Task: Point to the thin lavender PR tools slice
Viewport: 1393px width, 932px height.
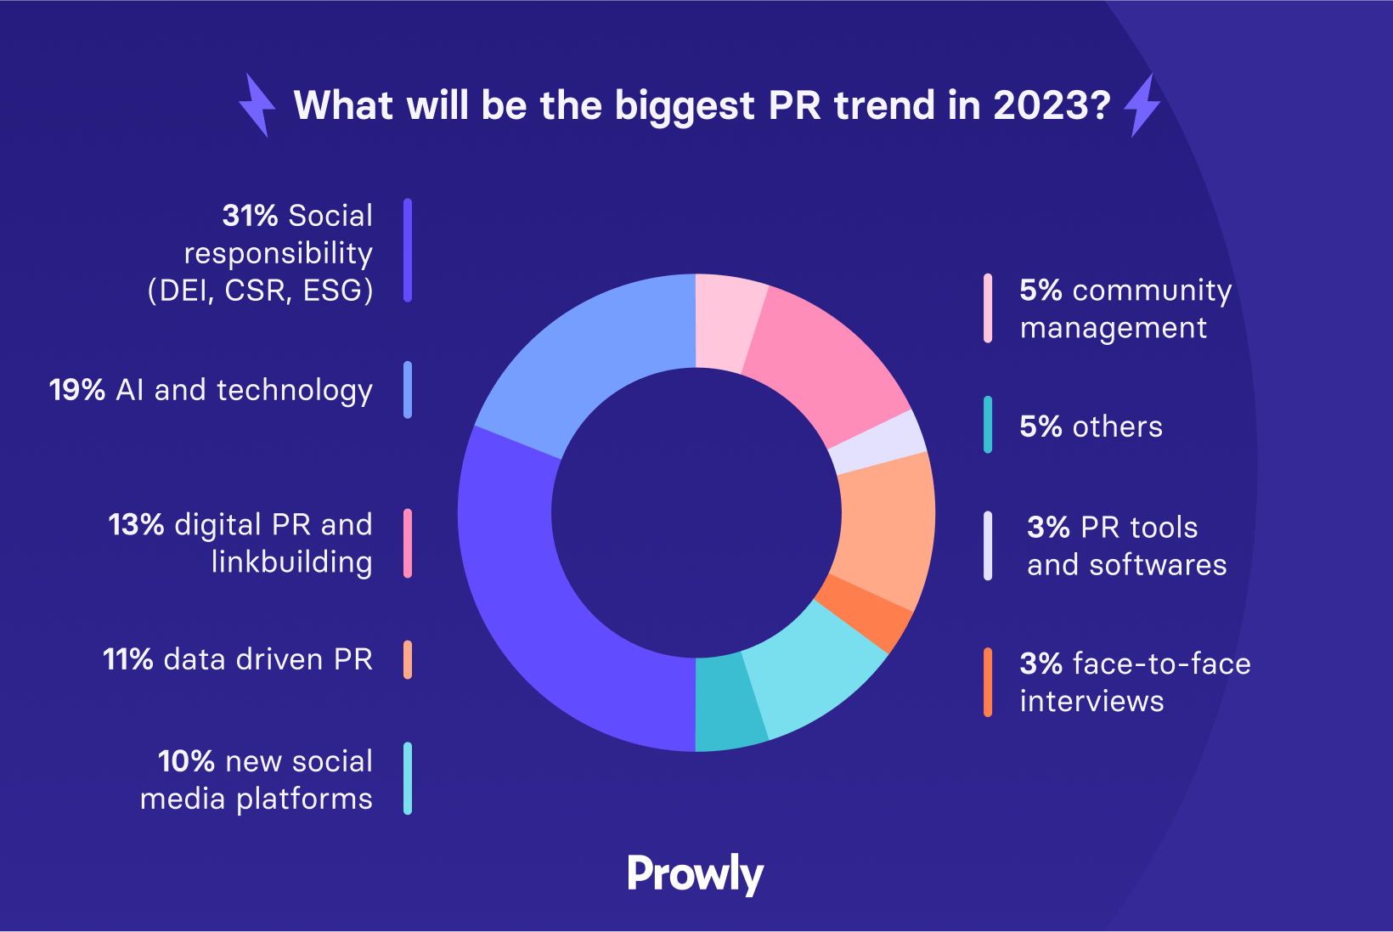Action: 877,442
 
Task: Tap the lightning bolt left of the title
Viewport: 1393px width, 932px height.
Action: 257,105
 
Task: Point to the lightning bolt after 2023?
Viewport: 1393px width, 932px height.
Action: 1142,105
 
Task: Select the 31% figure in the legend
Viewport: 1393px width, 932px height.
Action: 250,216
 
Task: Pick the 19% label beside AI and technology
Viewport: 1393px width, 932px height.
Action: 76,390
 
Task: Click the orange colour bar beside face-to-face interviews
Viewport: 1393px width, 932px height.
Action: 988,682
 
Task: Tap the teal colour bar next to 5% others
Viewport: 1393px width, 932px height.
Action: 988,425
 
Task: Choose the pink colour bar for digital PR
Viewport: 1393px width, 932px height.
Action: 408,544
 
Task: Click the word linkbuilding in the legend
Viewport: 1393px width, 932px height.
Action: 291,562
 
